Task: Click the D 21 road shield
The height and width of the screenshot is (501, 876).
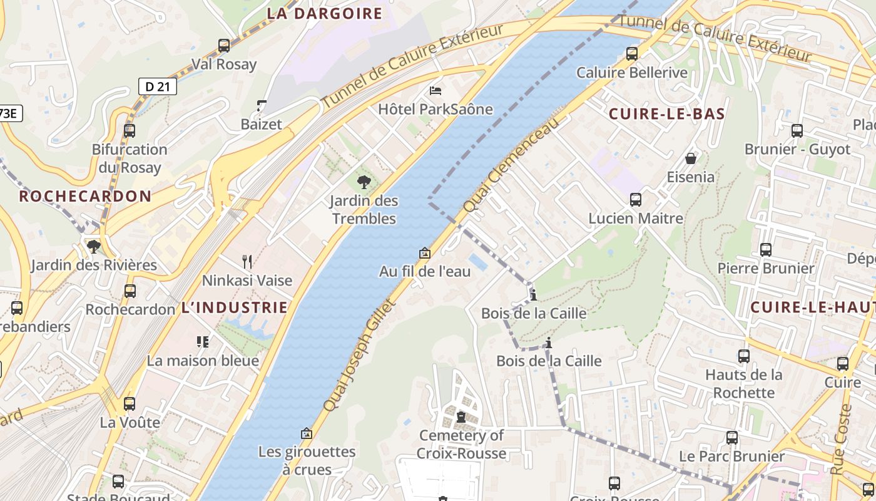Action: point(157,86)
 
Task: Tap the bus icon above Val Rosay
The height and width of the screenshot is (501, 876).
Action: point(223,45)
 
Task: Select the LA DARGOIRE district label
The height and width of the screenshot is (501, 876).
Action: point(324,13)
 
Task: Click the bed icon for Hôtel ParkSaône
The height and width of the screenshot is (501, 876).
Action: point(435,91)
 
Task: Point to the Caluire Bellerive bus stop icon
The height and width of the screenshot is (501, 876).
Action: point(632,54)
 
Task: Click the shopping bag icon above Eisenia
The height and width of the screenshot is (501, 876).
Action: point(691,158)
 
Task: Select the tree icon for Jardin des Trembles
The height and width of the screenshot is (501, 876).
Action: point(364,182)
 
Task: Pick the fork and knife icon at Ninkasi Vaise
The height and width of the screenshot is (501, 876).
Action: point(247,261)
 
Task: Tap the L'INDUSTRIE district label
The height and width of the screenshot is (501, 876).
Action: point(235,307)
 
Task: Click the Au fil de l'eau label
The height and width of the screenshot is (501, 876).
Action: point(424,272)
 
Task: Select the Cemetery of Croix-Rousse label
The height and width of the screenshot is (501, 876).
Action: point(461,444)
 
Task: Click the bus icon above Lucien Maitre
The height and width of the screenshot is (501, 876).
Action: point(635,200)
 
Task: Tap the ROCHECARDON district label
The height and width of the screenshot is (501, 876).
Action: point(85,196)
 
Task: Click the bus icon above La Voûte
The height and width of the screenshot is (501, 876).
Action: point(130,404)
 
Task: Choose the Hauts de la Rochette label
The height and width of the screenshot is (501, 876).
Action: point(743,383)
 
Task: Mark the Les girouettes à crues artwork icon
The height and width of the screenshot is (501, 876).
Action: point(307,433)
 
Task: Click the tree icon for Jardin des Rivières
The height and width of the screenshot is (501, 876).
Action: point(94,246)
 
